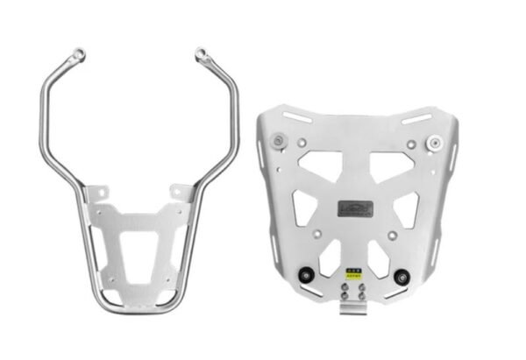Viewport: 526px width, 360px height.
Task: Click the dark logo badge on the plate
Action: point(356,208)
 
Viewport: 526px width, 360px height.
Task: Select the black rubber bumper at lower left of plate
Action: point(307,279)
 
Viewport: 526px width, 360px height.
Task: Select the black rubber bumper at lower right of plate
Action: point(403,279)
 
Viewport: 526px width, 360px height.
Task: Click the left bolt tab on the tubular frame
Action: point(99,192)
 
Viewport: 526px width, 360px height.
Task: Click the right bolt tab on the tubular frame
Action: point(182,192)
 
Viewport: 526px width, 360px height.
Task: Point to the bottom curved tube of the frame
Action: point(140,309)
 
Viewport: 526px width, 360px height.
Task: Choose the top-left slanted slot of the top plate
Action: point(297,116)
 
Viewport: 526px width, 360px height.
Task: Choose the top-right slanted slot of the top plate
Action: point(416,117)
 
